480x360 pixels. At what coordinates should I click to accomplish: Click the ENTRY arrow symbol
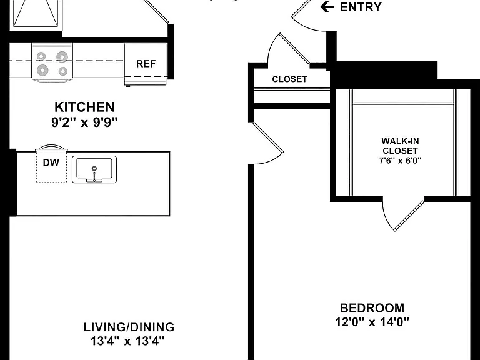327,6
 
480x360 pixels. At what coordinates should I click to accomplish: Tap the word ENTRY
361,7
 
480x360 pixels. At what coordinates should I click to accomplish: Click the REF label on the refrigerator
146,64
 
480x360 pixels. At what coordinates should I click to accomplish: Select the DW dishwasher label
51,162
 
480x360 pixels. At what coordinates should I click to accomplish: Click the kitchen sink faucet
94,174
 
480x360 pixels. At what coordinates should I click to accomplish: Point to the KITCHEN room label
84,107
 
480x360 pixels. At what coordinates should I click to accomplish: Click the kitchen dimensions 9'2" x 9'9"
84,122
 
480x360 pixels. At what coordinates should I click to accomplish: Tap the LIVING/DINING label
129,327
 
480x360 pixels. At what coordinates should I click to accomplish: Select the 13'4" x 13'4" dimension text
127,341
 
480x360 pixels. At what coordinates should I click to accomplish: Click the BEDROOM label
372,307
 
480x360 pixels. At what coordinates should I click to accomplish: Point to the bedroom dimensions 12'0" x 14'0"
372,322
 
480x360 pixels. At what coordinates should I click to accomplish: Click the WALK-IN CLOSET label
401,146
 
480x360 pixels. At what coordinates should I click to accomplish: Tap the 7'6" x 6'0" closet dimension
401,161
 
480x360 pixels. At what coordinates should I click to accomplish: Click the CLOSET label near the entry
289,79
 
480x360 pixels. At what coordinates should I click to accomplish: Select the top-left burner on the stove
41,56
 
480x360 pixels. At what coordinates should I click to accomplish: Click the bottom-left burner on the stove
42,70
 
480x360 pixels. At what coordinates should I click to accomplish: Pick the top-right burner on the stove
62,57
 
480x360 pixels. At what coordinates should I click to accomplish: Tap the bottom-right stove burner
63,71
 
